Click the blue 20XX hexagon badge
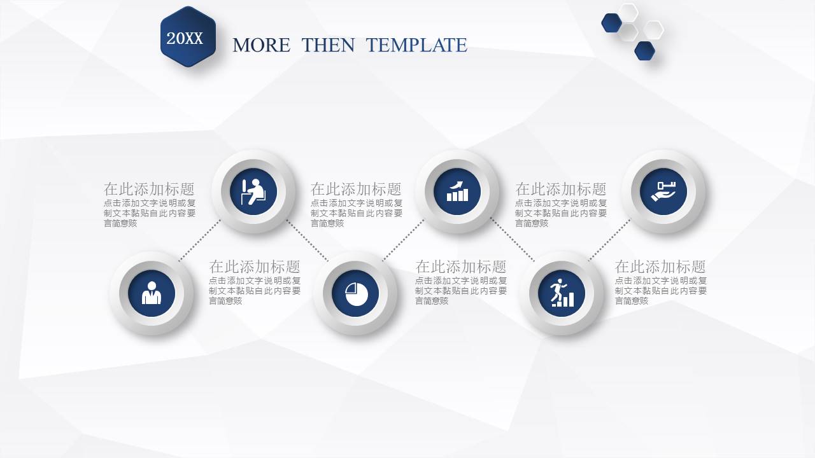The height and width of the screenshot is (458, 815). pos(188,38)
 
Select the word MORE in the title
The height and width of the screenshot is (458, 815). pos(261,45)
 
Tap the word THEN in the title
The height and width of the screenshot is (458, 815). pos(328,45)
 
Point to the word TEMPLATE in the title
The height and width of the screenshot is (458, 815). pos(416,45)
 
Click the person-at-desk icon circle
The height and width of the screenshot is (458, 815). pos(253,191)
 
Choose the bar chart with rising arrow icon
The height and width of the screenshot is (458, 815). pos(457,191)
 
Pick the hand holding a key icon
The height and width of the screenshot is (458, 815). pos(663,191)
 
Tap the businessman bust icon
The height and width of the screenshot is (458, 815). pos(152,293)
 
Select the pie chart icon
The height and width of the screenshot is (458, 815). pos(355,293)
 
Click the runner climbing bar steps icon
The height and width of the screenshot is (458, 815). pos(561,293)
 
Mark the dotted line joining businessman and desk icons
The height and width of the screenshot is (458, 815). pos(199,240)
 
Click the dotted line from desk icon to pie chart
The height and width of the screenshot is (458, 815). pos(307,240)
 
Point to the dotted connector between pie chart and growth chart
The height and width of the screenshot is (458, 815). pos(403,240)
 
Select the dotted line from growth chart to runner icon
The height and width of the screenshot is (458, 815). pos(512,240)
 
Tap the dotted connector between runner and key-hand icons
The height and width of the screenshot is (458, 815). pos(609,240)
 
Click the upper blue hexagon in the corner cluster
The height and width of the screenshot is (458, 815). pos(611,23)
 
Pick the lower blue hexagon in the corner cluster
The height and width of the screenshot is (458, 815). pos(644,50)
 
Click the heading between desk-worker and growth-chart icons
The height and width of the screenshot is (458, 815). pos(356,189)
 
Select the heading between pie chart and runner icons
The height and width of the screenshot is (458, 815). pos(461,267)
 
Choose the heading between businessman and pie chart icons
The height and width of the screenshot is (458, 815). pos(255,267)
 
